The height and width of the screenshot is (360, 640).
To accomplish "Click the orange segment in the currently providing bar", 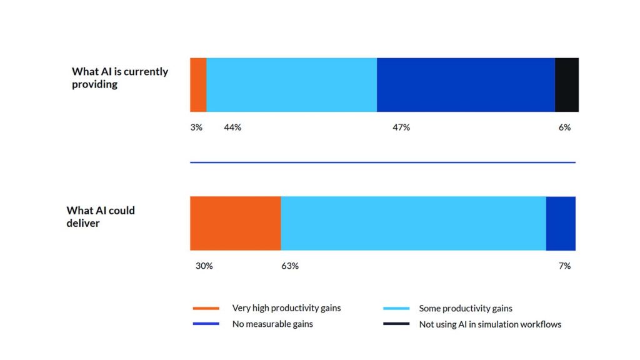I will (198, 85).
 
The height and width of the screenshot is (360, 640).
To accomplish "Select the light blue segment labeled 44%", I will (291, 85).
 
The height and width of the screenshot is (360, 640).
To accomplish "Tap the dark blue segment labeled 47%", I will (466, 85).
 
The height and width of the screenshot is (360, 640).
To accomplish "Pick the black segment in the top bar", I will (566, 85).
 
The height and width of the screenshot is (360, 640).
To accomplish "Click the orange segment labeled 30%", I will (235, 223).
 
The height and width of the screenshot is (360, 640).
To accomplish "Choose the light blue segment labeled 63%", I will (413, 223).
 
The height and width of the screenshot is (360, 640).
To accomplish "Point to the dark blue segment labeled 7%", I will (561, 223).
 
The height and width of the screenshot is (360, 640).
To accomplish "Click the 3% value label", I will (196, 127).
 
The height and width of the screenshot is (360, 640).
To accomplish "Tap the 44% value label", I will (232, 127).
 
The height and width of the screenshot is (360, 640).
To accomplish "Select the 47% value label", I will (401, 127).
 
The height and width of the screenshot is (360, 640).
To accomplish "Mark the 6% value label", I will (564, 127).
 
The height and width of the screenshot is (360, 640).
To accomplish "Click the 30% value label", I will (204, 266).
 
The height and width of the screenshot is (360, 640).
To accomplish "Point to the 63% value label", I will (290, 266).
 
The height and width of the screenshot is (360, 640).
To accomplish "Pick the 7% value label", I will (564, 266).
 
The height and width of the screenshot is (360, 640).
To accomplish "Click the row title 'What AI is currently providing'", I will (119, 78).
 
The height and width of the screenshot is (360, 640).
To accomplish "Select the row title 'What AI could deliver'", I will (100, 216).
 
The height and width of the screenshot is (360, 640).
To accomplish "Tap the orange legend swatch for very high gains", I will (206, 308).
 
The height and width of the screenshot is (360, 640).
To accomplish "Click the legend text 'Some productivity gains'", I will (466, 308).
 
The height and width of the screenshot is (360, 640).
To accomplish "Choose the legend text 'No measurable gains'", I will (272, 324).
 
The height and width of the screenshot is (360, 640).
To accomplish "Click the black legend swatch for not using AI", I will (396, 324).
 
